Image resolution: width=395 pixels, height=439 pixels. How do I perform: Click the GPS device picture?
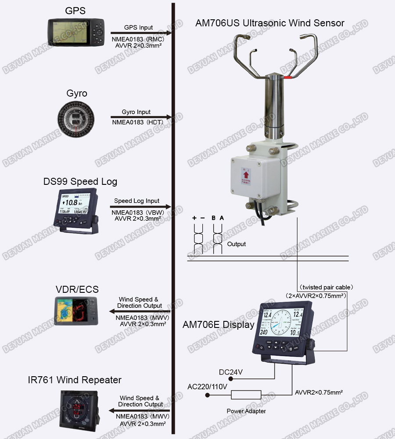pyautogui.click(x=76, y=33)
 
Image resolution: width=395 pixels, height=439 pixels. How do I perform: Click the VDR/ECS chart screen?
pyautogui.click(x=76, y=310)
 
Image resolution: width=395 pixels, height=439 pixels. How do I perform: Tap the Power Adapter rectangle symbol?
pyautogui.click(x=246, y=395)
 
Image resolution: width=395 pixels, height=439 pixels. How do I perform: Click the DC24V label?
pyautogui.click(x=231, y=372)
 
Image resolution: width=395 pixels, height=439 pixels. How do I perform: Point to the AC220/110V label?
pyautogui.click(x=207, y=387)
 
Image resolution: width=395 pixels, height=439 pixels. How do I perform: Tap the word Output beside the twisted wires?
pyautogui.click(x=237, y=244)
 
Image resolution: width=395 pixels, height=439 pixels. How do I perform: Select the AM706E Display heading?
pyautogui.click(x=218, y=325)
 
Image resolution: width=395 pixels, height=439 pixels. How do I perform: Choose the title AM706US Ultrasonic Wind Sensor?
pyautogui.click(x=269, y=23)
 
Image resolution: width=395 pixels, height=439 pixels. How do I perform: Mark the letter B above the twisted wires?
pyautogui.click(x=213, y=218)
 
